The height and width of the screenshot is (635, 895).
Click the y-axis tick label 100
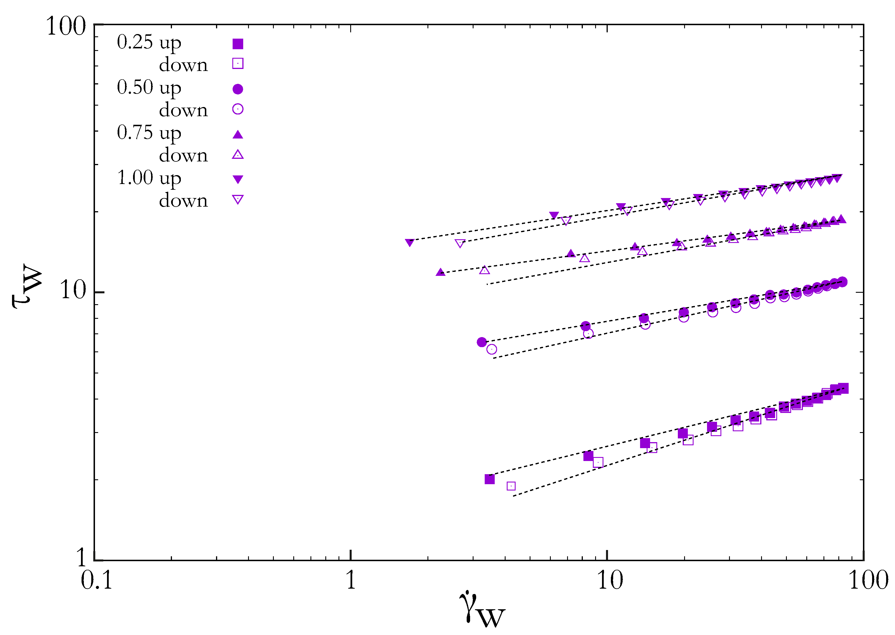tap(66, 27)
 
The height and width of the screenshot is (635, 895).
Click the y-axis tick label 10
tap(73, 290)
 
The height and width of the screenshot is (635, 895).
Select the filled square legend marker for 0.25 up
tap(238, 44)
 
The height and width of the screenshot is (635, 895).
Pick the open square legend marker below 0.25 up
tap(238, 63)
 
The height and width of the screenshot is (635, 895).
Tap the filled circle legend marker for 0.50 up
tap(238, 89)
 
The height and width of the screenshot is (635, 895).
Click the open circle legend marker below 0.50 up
tap(238, 109)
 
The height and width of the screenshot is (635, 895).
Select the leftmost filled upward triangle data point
tap(440, 272)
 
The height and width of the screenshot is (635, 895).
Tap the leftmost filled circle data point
tap(482, 342)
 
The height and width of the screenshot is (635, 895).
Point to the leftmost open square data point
tap(511, 486)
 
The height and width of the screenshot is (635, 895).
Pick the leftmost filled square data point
tap(490, 479)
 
